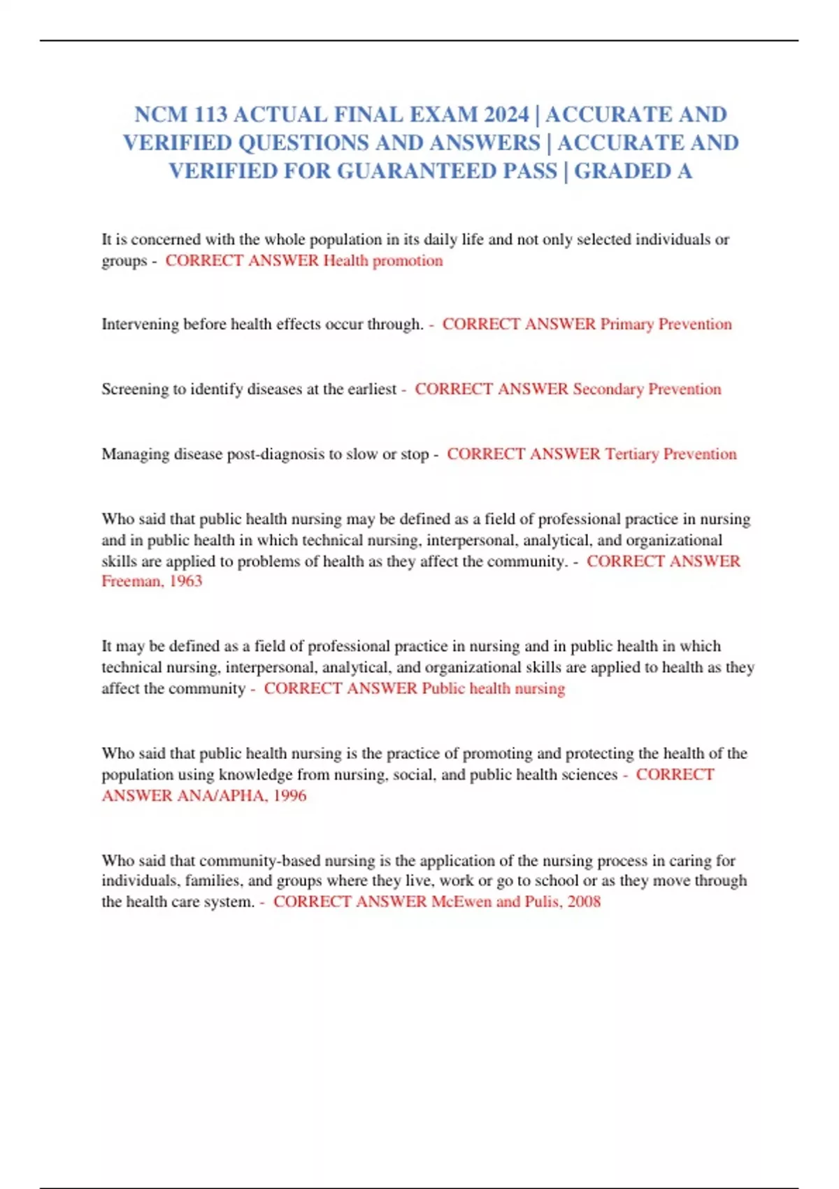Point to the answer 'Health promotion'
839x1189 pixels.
tap(382, 260)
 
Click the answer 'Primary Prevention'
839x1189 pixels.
tap(666, 324)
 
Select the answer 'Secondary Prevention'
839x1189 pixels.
tap(647, 389)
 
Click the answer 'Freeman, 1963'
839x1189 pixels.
tap(152, 581)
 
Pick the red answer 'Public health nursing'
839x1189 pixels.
tap(493, 688)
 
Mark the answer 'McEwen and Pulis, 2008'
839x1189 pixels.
tap(515, 902)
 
